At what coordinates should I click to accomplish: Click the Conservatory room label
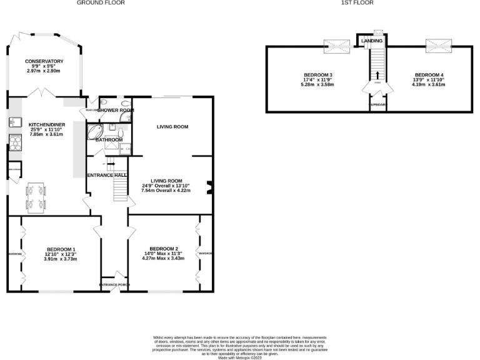tap(44, 61)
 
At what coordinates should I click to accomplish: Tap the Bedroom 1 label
tap(61, 249)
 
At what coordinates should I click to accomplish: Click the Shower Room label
tap(115, 110)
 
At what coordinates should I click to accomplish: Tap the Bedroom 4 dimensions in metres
tap(429, 84)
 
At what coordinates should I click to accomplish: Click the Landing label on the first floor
tap(372, 41)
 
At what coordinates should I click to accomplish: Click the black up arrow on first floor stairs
tap(377, 76)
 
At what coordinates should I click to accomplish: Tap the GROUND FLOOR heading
tap(101, 3)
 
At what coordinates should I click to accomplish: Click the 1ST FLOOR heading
tap(357, 3)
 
